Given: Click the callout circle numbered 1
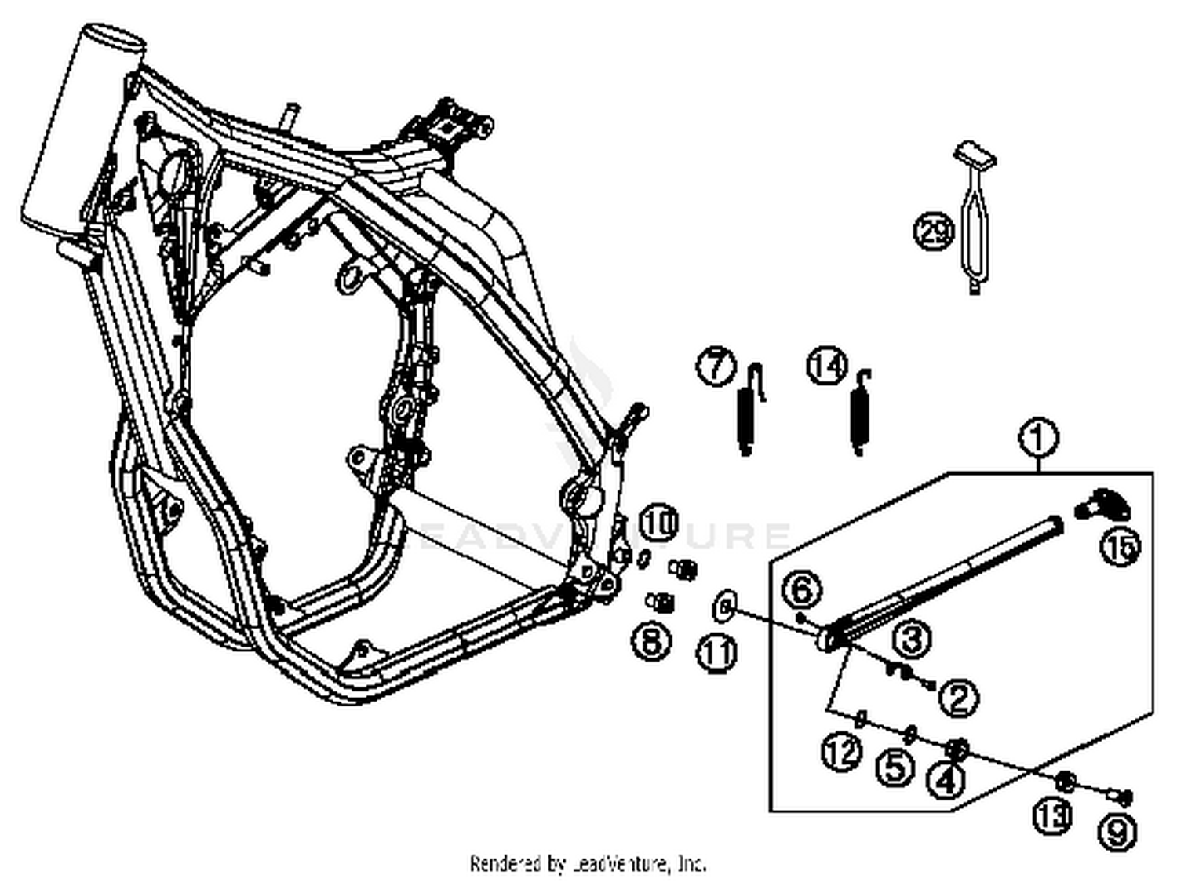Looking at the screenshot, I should [1038, 438].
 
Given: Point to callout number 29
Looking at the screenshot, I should [934, 232].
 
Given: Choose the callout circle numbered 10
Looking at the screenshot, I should [659, 523].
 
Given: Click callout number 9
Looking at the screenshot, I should [1116, 832].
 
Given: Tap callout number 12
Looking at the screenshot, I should [842, 753].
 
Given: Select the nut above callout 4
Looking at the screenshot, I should [956, 749].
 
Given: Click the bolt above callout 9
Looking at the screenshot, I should [1120, 797].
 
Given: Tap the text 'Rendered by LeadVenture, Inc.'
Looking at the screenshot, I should [588, 864].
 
